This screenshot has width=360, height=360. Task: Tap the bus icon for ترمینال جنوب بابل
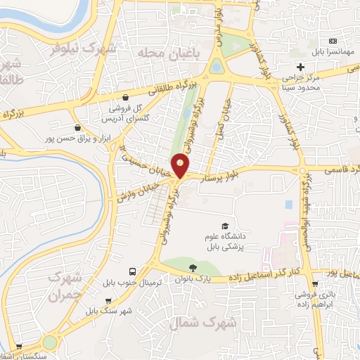(132, 271)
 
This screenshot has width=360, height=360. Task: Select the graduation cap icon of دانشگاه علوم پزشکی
(224, 226)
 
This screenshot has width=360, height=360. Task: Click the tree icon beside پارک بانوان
(192, 267)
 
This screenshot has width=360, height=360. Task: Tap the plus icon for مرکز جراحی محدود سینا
(300, 67)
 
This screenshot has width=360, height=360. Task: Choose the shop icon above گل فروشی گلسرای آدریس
(125, 98)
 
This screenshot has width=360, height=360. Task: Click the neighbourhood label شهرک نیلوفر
(87, 49)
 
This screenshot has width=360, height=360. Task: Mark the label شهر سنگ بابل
(109, 310)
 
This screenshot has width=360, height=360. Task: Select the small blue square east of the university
(289, 205)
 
